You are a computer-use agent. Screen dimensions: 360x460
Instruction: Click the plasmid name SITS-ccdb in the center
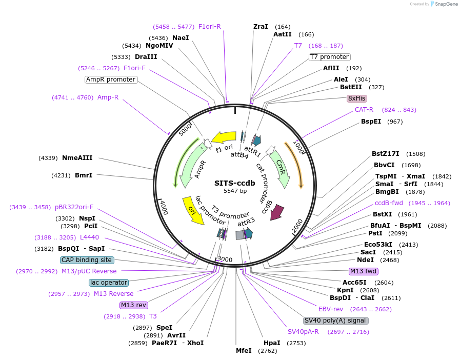(x=235, y=183)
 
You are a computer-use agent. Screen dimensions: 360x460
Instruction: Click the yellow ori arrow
(x=193, y=210)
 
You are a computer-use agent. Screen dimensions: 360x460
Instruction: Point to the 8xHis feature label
(x=357, y=98)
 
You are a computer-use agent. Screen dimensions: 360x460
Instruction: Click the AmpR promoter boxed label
(x=111, y=79)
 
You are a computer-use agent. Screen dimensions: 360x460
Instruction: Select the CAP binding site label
(x=87, y=260)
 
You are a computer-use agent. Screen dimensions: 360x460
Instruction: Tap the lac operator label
(x=108, y=283)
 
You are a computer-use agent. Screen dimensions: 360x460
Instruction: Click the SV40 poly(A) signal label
(x=335, y=321)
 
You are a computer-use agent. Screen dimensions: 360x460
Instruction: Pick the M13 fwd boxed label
(x=363, y=271)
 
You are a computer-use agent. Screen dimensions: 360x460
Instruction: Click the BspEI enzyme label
(x=371, y=122)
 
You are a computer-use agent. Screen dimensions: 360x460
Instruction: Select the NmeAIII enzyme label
(x=77, y=158)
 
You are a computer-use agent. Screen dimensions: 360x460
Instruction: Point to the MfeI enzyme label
(x=244, y=351)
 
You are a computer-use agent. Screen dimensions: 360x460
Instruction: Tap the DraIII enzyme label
(x=146, y=57)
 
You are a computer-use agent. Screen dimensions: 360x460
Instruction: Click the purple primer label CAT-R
(x=364, y=110)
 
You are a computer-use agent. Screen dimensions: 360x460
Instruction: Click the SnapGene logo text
(x=444, y=4)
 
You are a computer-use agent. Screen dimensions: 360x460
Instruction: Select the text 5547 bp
(x=235, y=191)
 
